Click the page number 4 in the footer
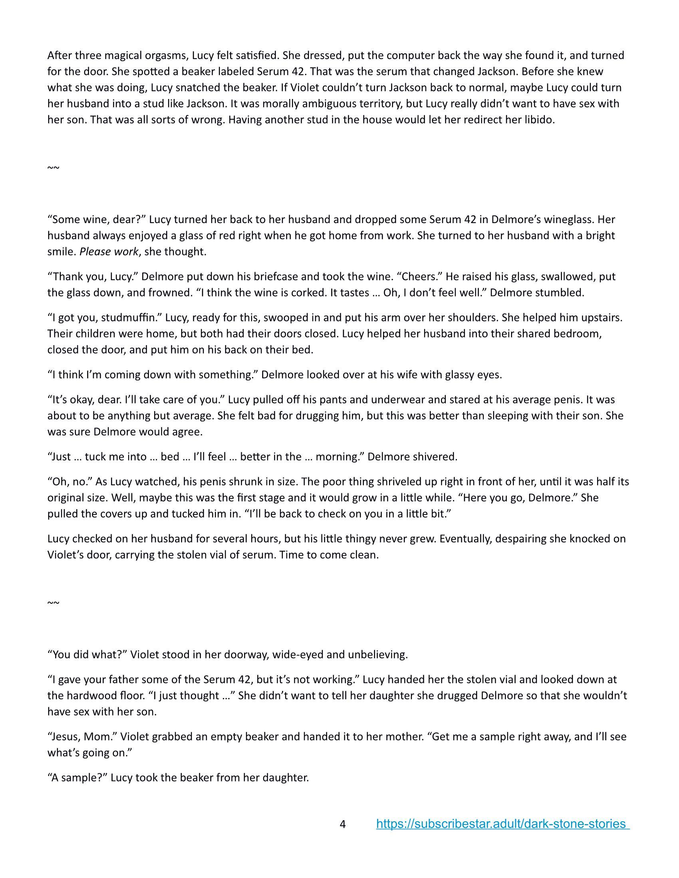(x=342, y=824)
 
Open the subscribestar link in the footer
(x=502, y=824)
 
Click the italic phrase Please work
(x=109, y=252)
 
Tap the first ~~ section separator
(x=53, y=167)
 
